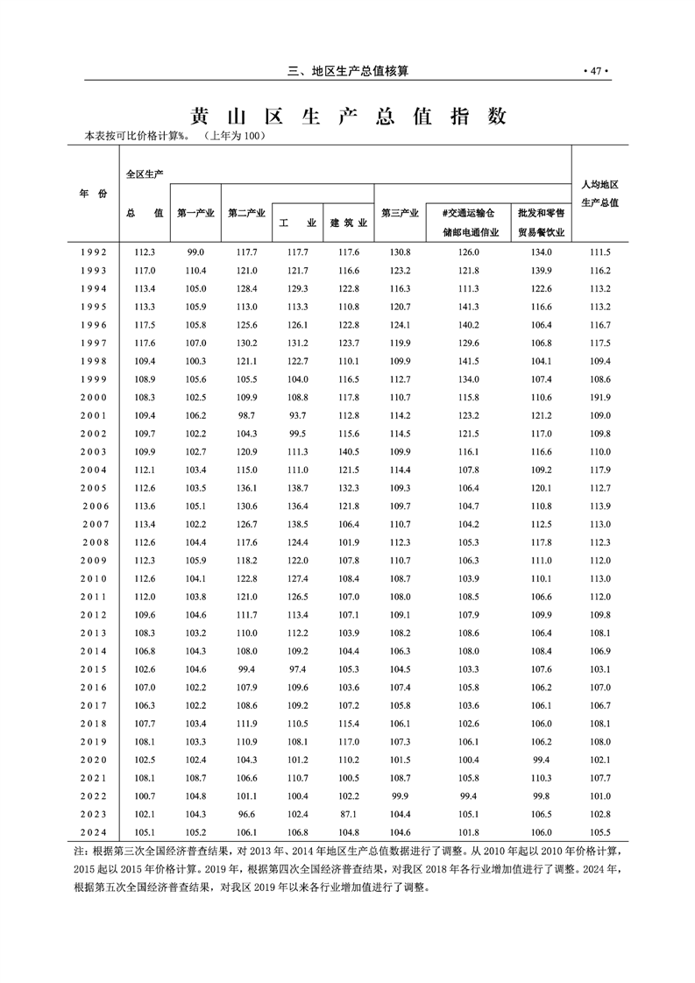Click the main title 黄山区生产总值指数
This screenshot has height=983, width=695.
pos(349,116)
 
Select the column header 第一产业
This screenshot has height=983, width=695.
pos(195,213)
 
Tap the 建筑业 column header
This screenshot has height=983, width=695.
pos(348,223)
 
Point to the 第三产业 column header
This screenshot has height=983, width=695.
pos(401,213)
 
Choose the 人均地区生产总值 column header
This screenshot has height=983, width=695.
pos(600,194)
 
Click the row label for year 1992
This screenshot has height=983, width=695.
pos(93,251)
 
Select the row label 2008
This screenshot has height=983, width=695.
pos(93,541)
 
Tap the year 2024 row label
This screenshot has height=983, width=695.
pos(93,832)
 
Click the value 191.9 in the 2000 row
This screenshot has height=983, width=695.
pos(600,397)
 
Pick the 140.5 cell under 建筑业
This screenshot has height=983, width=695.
pos(348,451)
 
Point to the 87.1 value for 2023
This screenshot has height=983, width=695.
pos(348,814)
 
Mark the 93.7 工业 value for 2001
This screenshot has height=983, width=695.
pos(298,415)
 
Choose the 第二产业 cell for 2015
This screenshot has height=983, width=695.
pos(247,668)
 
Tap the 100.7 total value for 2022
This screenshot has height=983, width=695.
pos(145,796)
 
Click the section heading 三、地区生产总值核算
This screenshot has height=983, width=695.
pos(348,71)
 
